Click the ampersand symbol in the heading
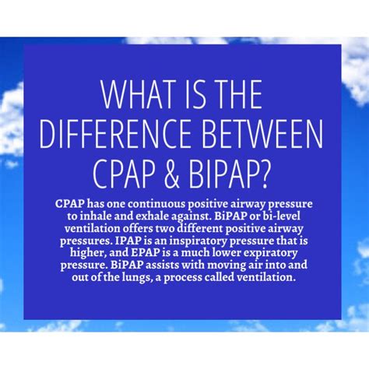pos(184,173)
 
